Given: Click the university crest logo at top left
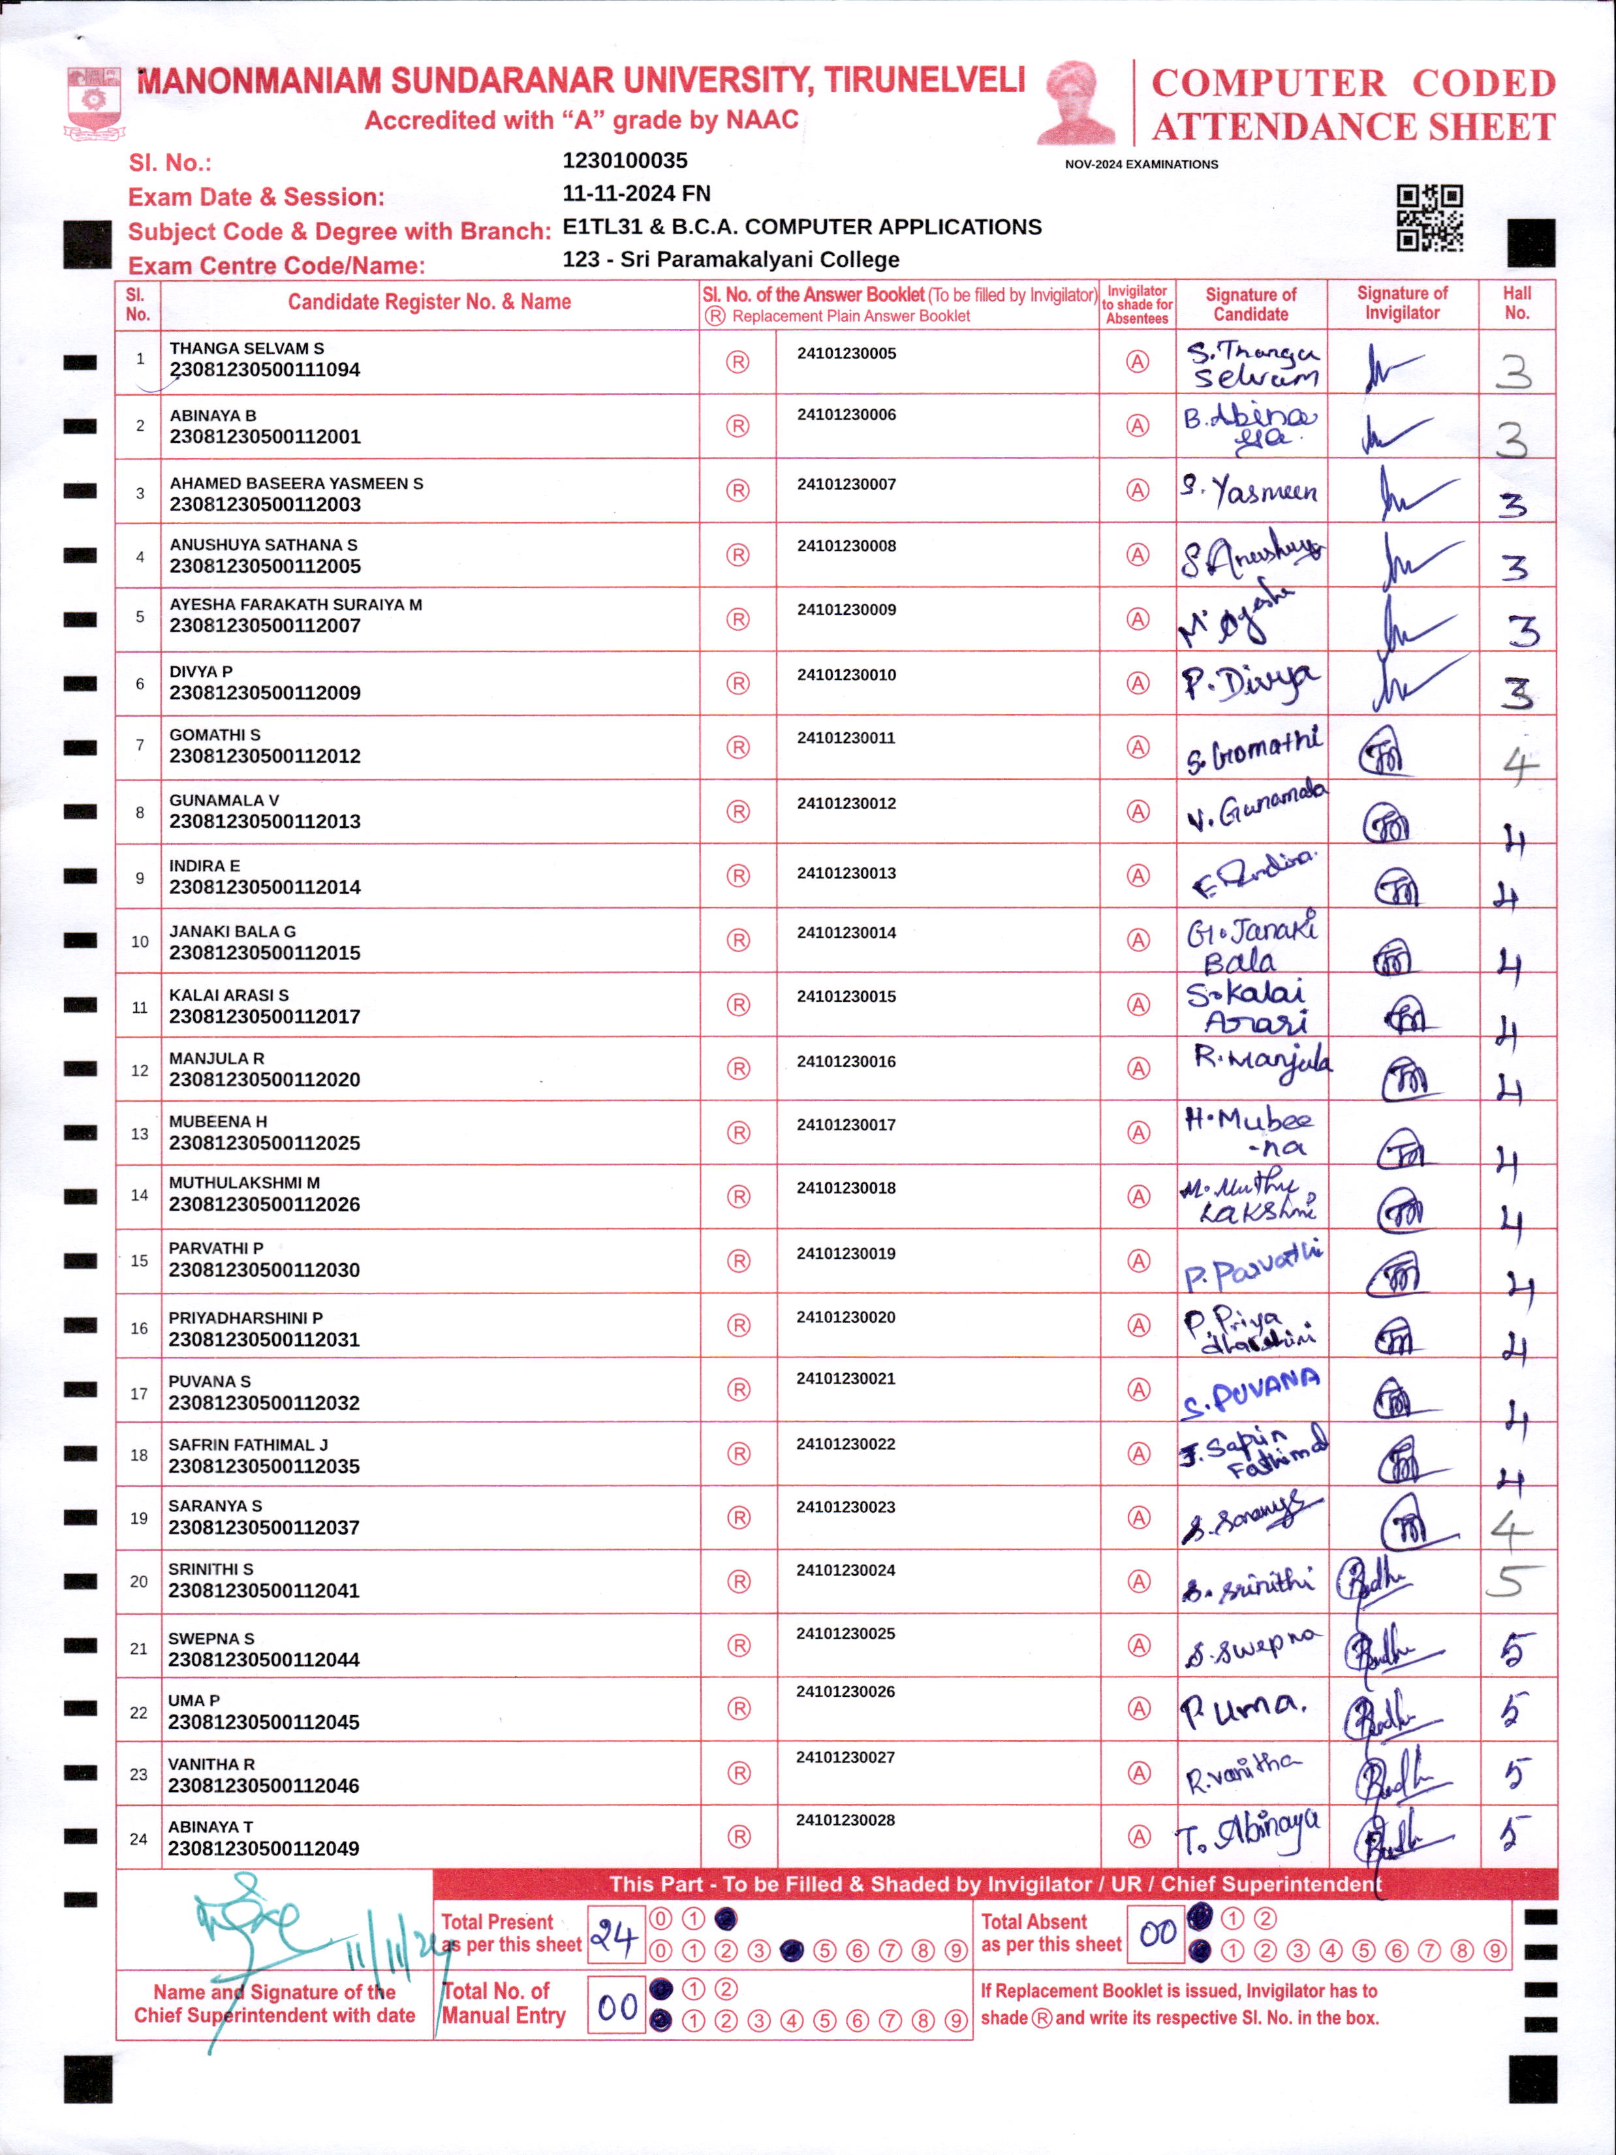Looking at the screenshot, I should (x=93, y=101).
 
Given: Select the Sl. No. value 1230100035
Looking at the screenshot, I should (x=625, y=161).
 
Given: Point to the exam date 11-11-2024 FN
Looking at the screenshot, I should (x=636, y=194).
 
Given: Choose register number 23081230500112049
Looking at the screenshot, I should (x=263, y=1848).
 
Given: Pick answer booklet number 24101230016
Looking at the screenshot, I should (x=845, y=1061).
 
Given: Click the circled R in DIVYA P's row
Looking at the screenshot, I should (x=738, y=683).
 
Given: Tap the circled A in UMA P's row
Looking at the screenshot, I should (x=1138, y=1708).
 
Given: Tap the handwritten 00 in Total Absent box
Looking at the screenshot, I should (x=1157, y=1933).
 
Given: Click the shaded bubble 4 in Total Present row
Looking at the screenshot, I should (x=791, y=1951).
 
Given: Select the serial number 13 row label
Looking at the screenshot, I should (x=139, y=1133).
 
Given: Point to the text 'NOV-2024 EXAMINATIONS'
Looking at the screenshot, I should (x=1141, y=164).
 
